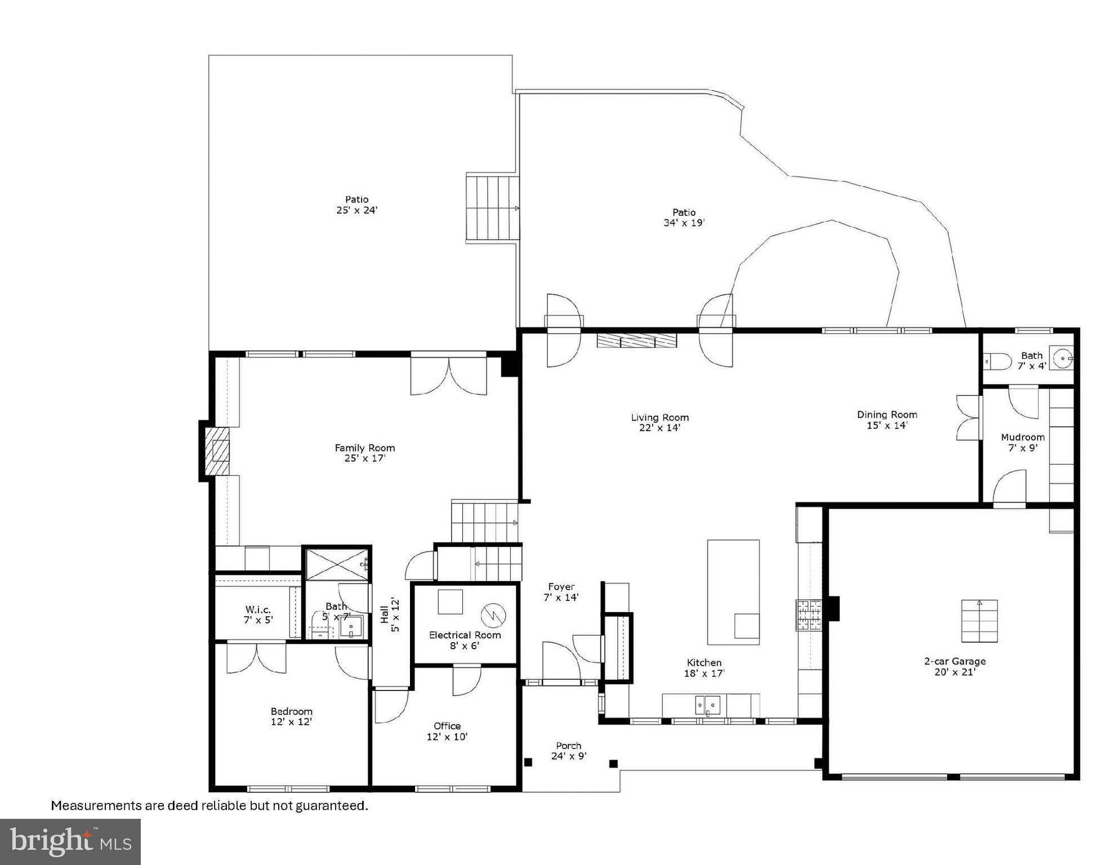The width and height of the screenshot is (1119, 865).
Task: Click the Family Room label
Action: [364, 448]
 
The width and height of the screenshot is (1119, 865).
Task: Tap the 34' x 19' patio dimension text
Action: [684, 223]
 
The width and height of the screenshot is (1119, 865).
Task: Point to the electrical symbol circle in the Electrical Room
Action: [494, 615]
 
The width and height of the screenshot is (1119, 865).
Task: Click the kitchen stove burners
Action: [809, 615]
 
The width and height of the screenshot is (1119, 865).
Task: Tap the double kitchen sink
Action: [707, 705]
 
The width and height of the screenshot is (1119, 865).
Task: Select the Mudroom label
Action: [1022, 438]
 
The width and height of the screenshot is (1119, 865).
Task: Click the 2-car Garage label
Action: [955, 661]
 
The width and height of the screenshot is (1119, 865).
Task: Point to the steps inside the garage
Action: [979, 621]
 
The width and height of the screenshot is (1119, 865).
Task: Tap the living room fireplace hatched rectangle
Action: [637, 340]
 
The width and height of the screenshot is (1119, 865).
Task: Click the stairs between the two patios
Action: [492, 208]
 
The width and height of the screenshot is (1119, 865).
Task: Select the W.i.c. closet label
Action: [258, 609]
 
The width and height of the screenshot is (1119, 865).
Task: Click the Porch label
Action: [568, 746]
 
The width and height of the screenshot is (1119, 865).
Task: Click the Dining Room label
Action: [886, 414]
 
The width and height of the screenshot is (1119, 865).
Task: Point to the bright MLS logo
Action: [70, 841]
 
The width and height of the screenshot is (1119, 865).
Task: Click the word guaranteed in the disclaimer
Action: [333, 806]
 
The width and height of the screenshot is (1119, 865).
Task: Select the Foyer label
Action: [561, 587]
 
